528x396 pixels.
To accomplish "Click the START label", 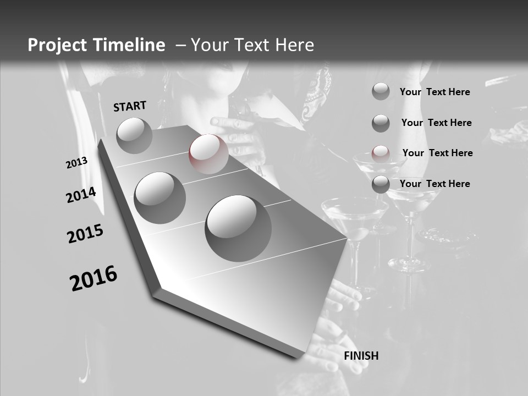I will [x=130, y=106].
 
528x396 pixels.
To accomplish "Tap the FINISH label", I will [x=361, y=356].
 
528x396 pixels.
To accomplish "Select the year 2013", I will [x=76, y=163].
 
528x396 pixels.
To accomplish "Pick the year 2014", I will [x=81, y=195].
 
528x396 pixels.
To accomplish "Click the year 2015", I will [x=85, y=233].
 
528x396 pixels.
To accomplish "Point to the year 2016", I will [x=94, y=278].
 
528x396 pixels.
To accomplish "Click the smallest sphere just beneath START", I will [x=134, y=135].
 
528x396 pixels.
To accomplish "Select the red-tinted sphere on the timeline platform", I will [x=209, y=154].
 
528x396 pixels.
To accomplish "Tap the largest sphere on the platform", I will [x=238, y=228].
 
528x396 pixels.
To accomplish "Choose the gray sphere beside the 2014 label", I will [x=160, y=197].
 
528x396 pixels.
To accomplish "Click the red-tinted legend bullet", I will [x=381, y=153].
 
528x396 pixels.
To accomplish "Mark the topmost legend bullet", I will [x=381, y=91].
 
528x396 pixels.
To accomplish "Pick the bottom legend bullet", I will [x=381, y=184].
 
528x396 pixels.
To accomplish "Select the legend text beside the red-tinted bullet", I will [x=437, y=153].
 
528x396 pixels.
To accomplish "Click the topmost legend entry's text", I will [x=435, y=92].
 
